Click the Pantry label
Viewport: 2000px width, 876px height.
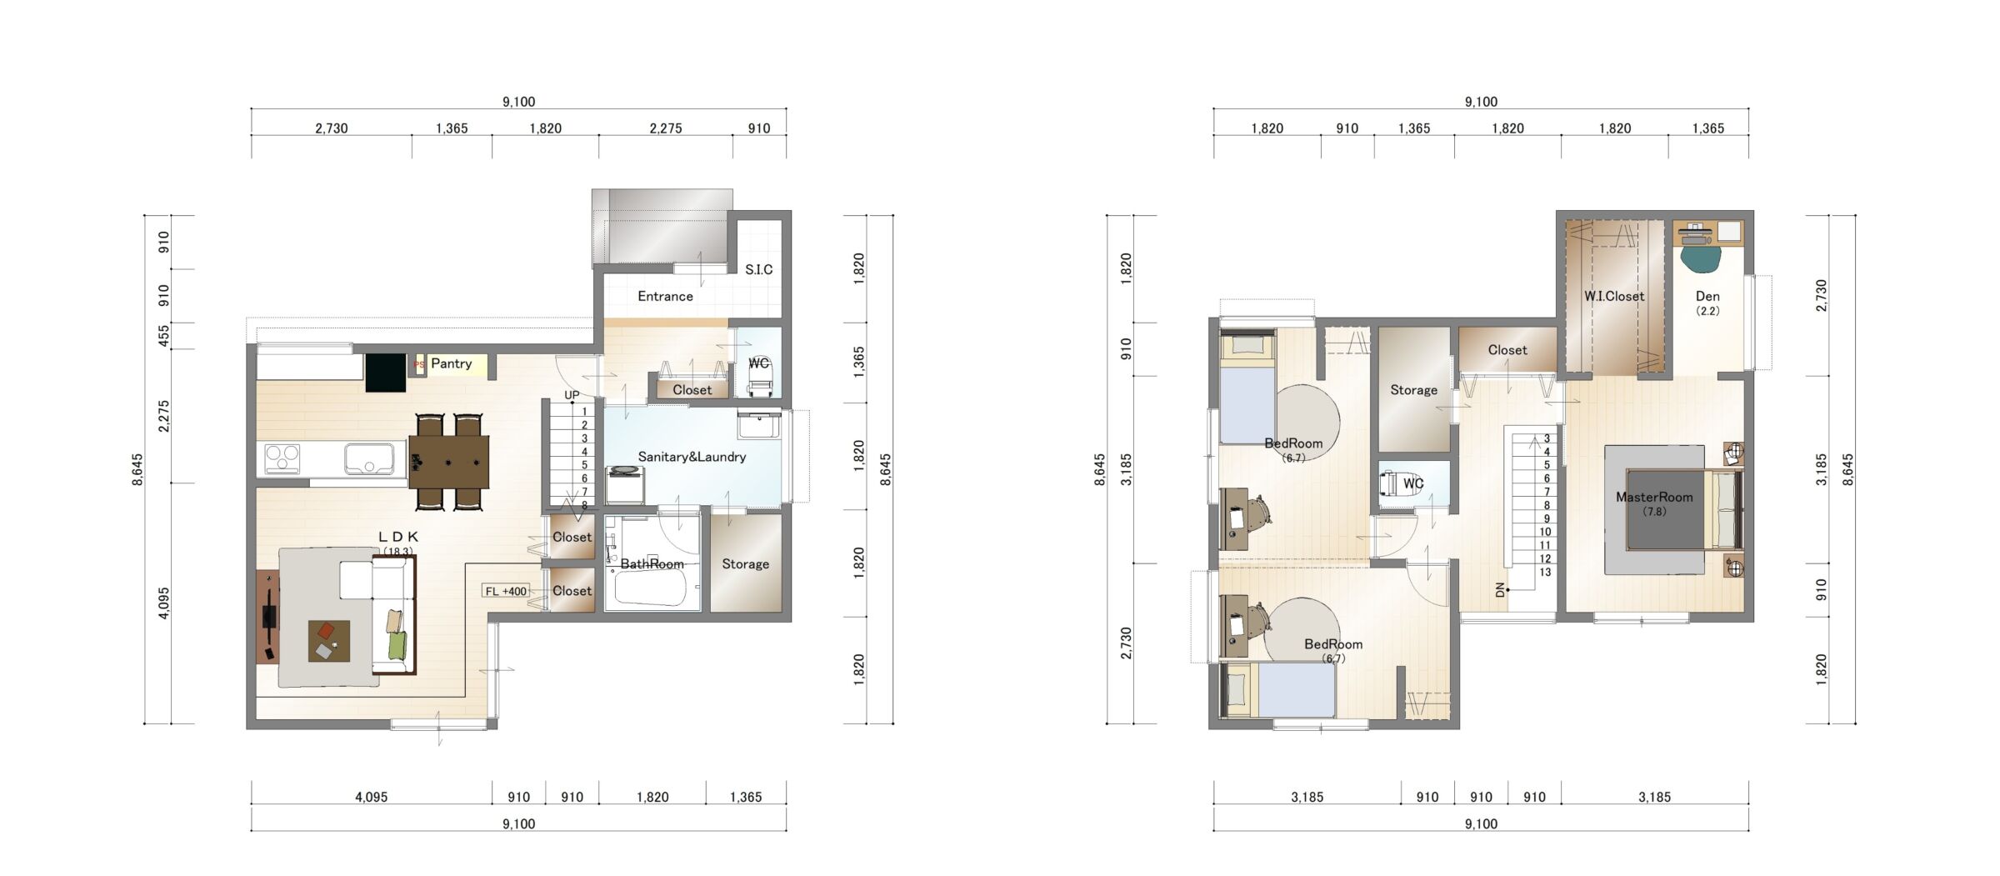(451, 363)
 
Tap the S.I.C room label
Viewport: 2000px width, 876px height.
(758, 269)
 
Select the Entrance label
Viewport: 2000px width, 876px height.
(665, 296)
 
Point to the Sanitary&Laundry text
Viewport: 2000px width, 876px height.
(692, 457)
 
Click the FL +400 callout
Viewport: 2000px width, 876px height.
(506, 591)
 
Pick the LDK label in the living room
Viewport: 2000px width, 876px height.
(398, 538)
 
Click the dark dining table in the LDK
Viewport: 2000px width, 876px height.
(448, 462)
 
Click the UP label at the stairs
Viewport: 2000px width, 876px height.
(572, 395)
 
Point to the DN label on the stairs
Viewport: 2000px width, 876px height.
(1501, 590)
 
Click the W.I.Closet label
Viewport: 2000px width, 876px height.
(1614, 296)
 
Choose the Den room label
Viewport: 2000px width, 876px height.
(1707, 296)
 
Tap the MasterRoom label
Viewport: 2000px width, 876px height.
(1654, 498)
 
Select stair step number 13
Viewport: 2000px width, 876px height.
(1545, 572)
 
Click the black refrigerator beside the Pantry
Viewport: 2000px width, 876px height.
(385, 373)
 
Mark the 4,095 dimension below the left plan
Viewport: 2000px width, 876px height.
(371, 797)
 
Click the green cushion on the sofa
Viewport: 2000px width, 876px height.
(397, 646)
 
